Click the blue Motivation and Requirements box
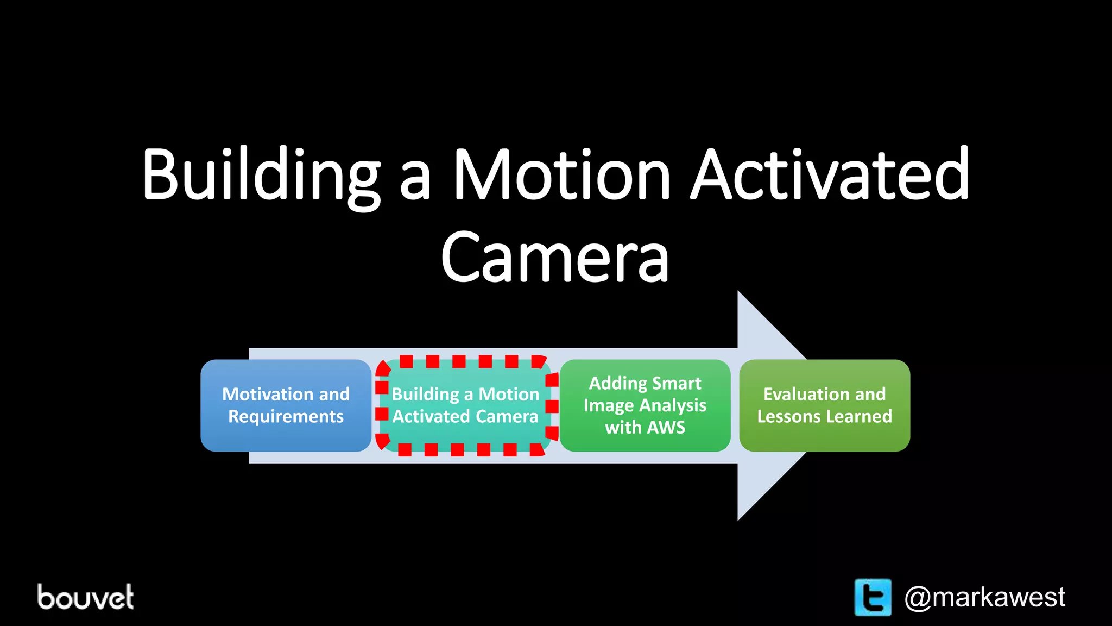click(286, 405)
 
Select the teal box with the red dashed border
click(466, 405)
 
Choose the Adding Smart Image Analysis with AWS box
click(645, 405)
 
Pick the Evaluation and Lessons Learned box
click(824, 405)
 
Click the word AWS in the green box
click(667, 427)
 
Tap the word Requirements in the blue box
click(286, 417)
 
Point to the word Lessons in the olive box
click(787, 417)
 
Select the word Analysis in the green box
click(673, 405)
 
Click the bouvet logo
click(85, 597)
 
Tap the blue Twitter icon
click(873, 597)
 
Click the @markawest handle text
click(984, 597)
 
